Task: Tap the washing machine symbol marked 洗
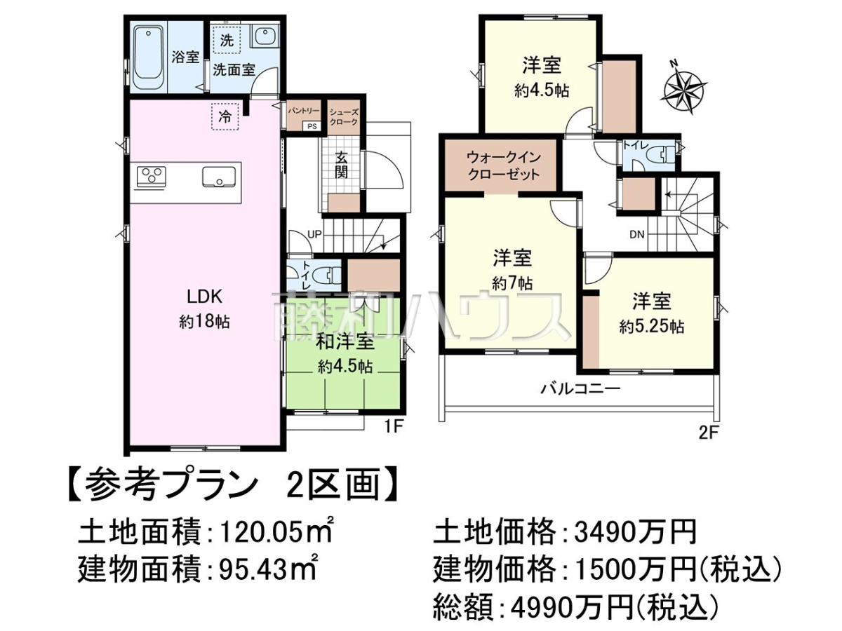click(227, 40)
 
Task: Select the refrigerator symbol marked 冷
click(225, 116)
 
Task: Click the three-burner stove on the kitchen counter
click(151, 177)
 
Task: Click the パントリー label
click(304, 111)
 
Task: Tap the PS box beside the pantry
click(312, 125)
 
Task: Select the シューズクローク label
click(344, 117)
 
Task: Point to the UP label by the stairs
click(314, 233)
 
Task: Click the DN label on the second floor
click(637, 234)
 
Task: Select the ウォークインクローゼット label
click(503, 166)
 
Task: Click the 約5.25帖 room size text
click(651, 327)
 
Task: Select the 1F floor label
click(392, 426)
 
